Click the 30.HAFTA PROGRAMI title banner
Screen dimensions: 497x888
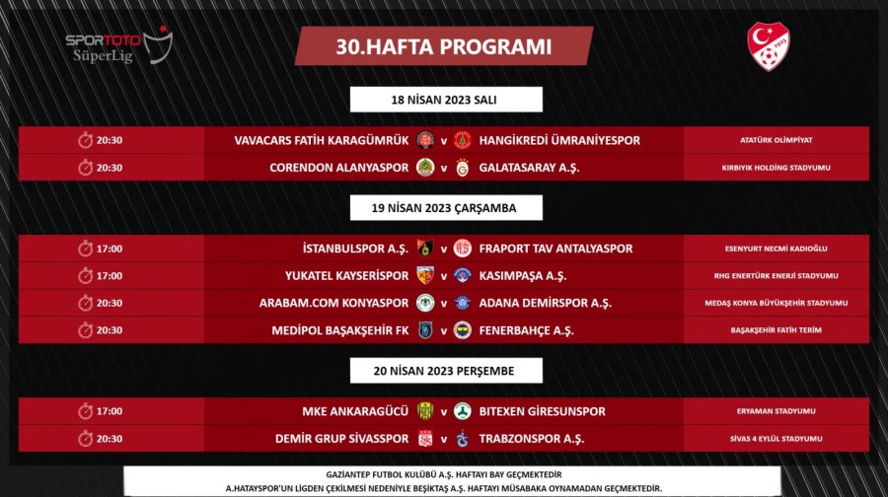pyautogui.click(x=443, y=46)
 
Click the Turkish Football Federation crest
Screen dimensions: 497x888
pyautogui.click(x=769, y=46)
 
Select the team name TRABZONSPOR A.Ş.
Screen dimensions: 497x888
pyautogui.click(x=531, y=439)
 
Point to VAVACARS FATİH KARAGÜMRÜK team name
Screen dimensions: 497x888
pyautogui.click(x=321, y=140)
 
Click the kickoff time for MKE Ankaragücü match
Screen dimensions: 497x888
pyautogui.click(x=110, y=411)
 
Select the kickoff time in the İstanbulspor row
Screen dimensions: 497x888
pyautogui.click(x=110, y=248)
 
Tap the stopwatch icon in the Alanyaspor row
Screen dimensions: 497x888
pyautogui.click(x=85, y=168)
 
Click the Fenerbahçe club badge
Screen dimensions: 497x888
pyautogui.click(x=462, y=330)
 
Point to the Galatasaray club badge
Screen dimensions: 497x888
pyautogui.click(x=462, y=168)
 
